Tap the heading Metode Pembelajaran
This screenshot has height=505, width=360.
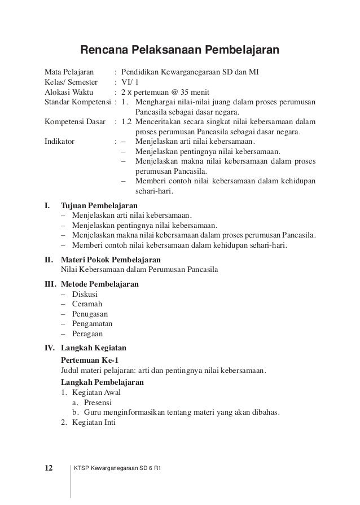(99, 284)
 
